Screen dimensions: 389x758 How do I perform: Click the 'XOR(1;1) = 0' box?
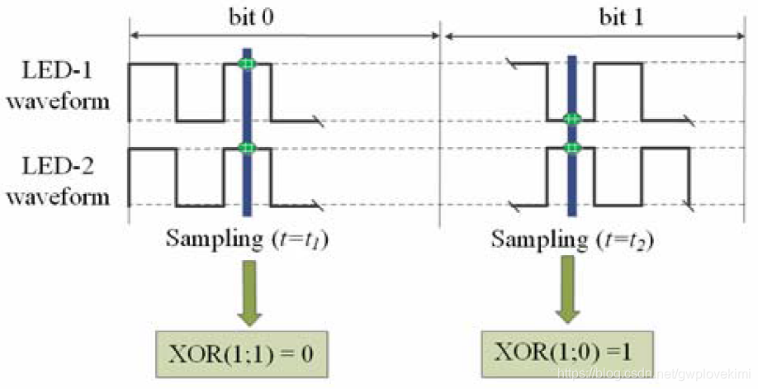tap(244, 353)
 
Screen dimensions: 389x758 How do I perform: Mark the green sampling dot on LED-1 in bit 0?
tap(245, 64)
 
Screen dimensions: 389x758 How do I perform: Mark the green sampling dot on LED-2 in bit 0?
tap(245, 148)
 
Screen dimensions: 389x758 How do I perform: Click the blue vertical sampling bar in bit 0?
tap(245, 182)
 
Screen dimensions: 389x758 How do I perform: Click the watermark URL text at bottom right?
tap(652, 376)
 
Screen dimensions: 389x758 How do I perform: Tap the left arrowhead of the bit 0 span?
tap(134, 35)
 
